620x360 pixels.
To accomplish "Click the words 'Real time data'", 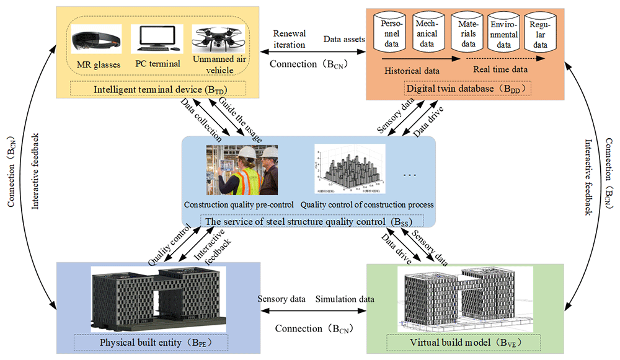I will tap(500, 70).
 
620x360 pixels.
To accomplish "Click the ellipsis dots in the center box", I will tap(410, 175).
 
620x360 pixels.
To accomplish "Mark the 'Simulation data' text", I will tap(345, 299).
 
